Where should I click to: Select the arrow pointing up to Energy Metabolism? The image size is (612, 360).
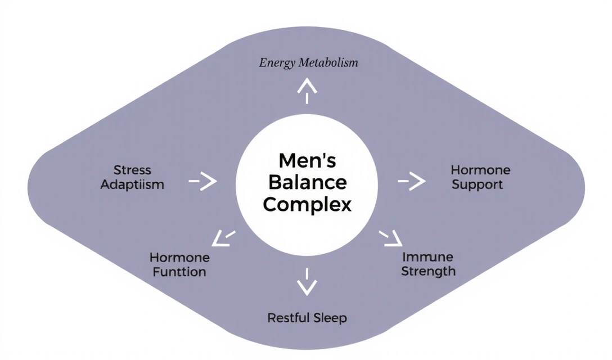(307, 90)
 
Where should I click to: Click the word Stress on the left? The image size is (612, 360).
(132, 170)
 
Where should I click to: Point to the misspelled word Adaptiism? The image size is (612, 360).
(132, 184)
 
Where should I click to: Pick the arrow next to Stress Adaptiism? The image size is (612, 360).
(203, 181)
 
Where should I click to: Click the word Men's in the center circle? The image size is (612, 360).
(307, 161)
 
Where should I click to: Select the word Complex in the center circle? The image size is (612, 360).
(307, 204)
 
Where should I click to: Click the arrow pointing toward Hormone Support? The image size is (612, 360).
(412, 181)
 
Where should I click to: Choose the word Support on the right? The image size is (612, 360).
(477, 184)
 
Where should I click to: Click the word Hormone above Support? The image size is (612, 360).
(480, 170)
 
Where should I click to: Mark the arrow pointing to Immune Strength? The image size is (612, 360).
(391, 238)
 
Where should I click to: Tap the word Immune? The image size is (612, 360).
(428, 257)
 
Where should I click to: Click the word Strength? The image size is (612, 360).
(429, 271)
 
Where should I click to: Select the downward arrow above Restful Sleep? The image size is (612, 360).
(307, 282)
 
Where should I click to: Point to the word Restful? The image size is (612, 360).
(287, 318)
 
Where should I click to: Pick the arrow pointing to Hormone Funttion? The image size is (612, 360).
(224, 238)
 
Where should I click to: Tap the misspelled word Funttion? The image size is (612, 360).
(178, 272)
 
